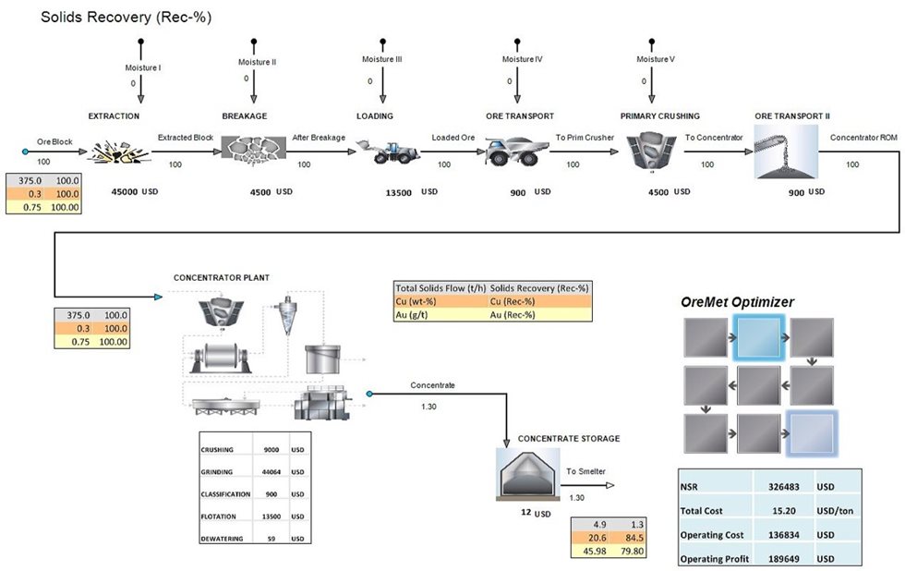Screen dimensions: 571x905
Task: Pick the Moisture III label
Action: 381,59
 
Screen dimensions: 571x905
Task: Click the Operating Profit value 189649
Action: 783,559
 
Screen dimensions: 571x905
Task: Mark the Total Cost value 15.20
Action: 783,509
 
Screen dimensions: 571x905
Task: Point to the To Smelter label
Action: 585,471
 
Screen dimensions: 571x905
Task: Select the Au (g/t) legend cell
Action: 439,315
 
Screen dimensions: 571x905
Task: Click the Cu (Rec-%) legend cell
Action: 539,301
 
